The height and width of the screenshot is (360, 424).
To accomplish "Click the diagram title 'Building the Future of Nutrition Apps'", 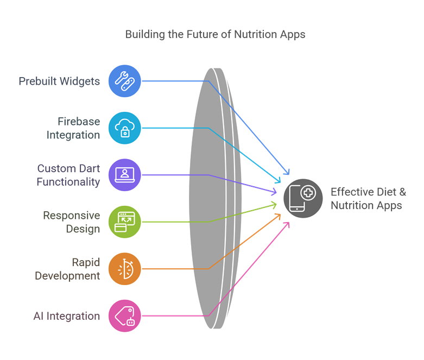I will tap(215, 35).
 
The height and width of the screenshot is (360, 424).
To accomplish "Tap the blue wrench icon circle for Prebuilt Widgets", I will tap(125, 81).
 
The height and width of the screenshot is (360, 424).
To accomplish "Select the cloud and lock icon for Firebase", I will tap(125, 128).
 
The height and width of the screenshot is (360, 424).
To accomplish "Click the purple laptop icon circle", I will tap(125, 175).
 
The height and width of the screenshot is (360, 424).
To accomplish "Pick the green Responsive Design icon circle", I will tap(125, 222).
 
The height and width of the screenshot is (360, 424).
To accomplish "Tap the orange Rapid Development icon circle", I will tap(125, 268).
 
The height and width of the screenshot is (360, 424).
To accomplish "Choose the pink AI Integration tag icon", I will tap(125, 315).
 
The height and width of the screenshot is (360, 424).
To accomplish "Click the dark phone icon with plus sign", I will tap(303, 198).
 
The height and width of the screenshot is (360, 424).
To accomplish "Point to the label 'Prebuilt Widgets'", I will tap(59, 81).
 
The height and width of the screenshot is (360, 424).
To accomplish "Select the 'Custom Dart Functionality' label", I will tap(68, 175).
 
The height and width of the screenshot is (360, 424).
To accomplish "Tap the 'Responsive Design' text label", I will tap(72, 222).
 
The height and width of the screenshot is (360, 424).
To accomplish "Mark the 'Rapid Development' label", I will tap(67, 268).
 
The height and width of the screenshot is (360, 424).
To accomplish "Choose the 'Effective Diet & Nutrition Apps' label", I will tap(369, 198).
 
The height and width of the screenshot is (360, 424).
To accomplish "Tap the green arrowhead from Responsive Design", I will tap(274, 205).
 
